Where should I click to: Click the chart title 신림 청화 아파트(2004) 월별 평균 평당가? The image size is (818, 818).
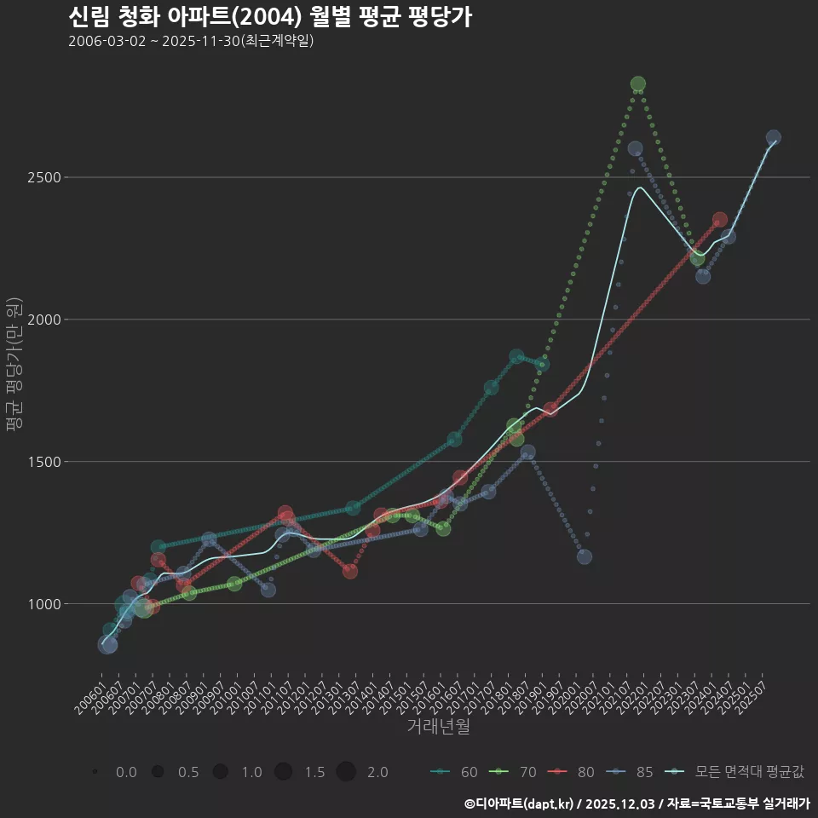(x=269, y=17)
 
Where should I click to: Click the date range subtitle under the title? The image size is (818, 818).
(x=191, y=41)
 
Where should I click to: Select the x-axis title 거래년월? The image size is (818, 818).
(x=438, y=727)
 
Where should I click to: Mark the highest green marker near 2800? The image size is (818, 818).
(x=638, y=84)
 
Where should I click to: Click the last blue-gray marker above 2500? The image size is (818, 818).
(x=774, y=137)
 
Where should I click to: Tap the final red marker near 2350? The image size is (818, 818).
(x=720, y=220)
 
